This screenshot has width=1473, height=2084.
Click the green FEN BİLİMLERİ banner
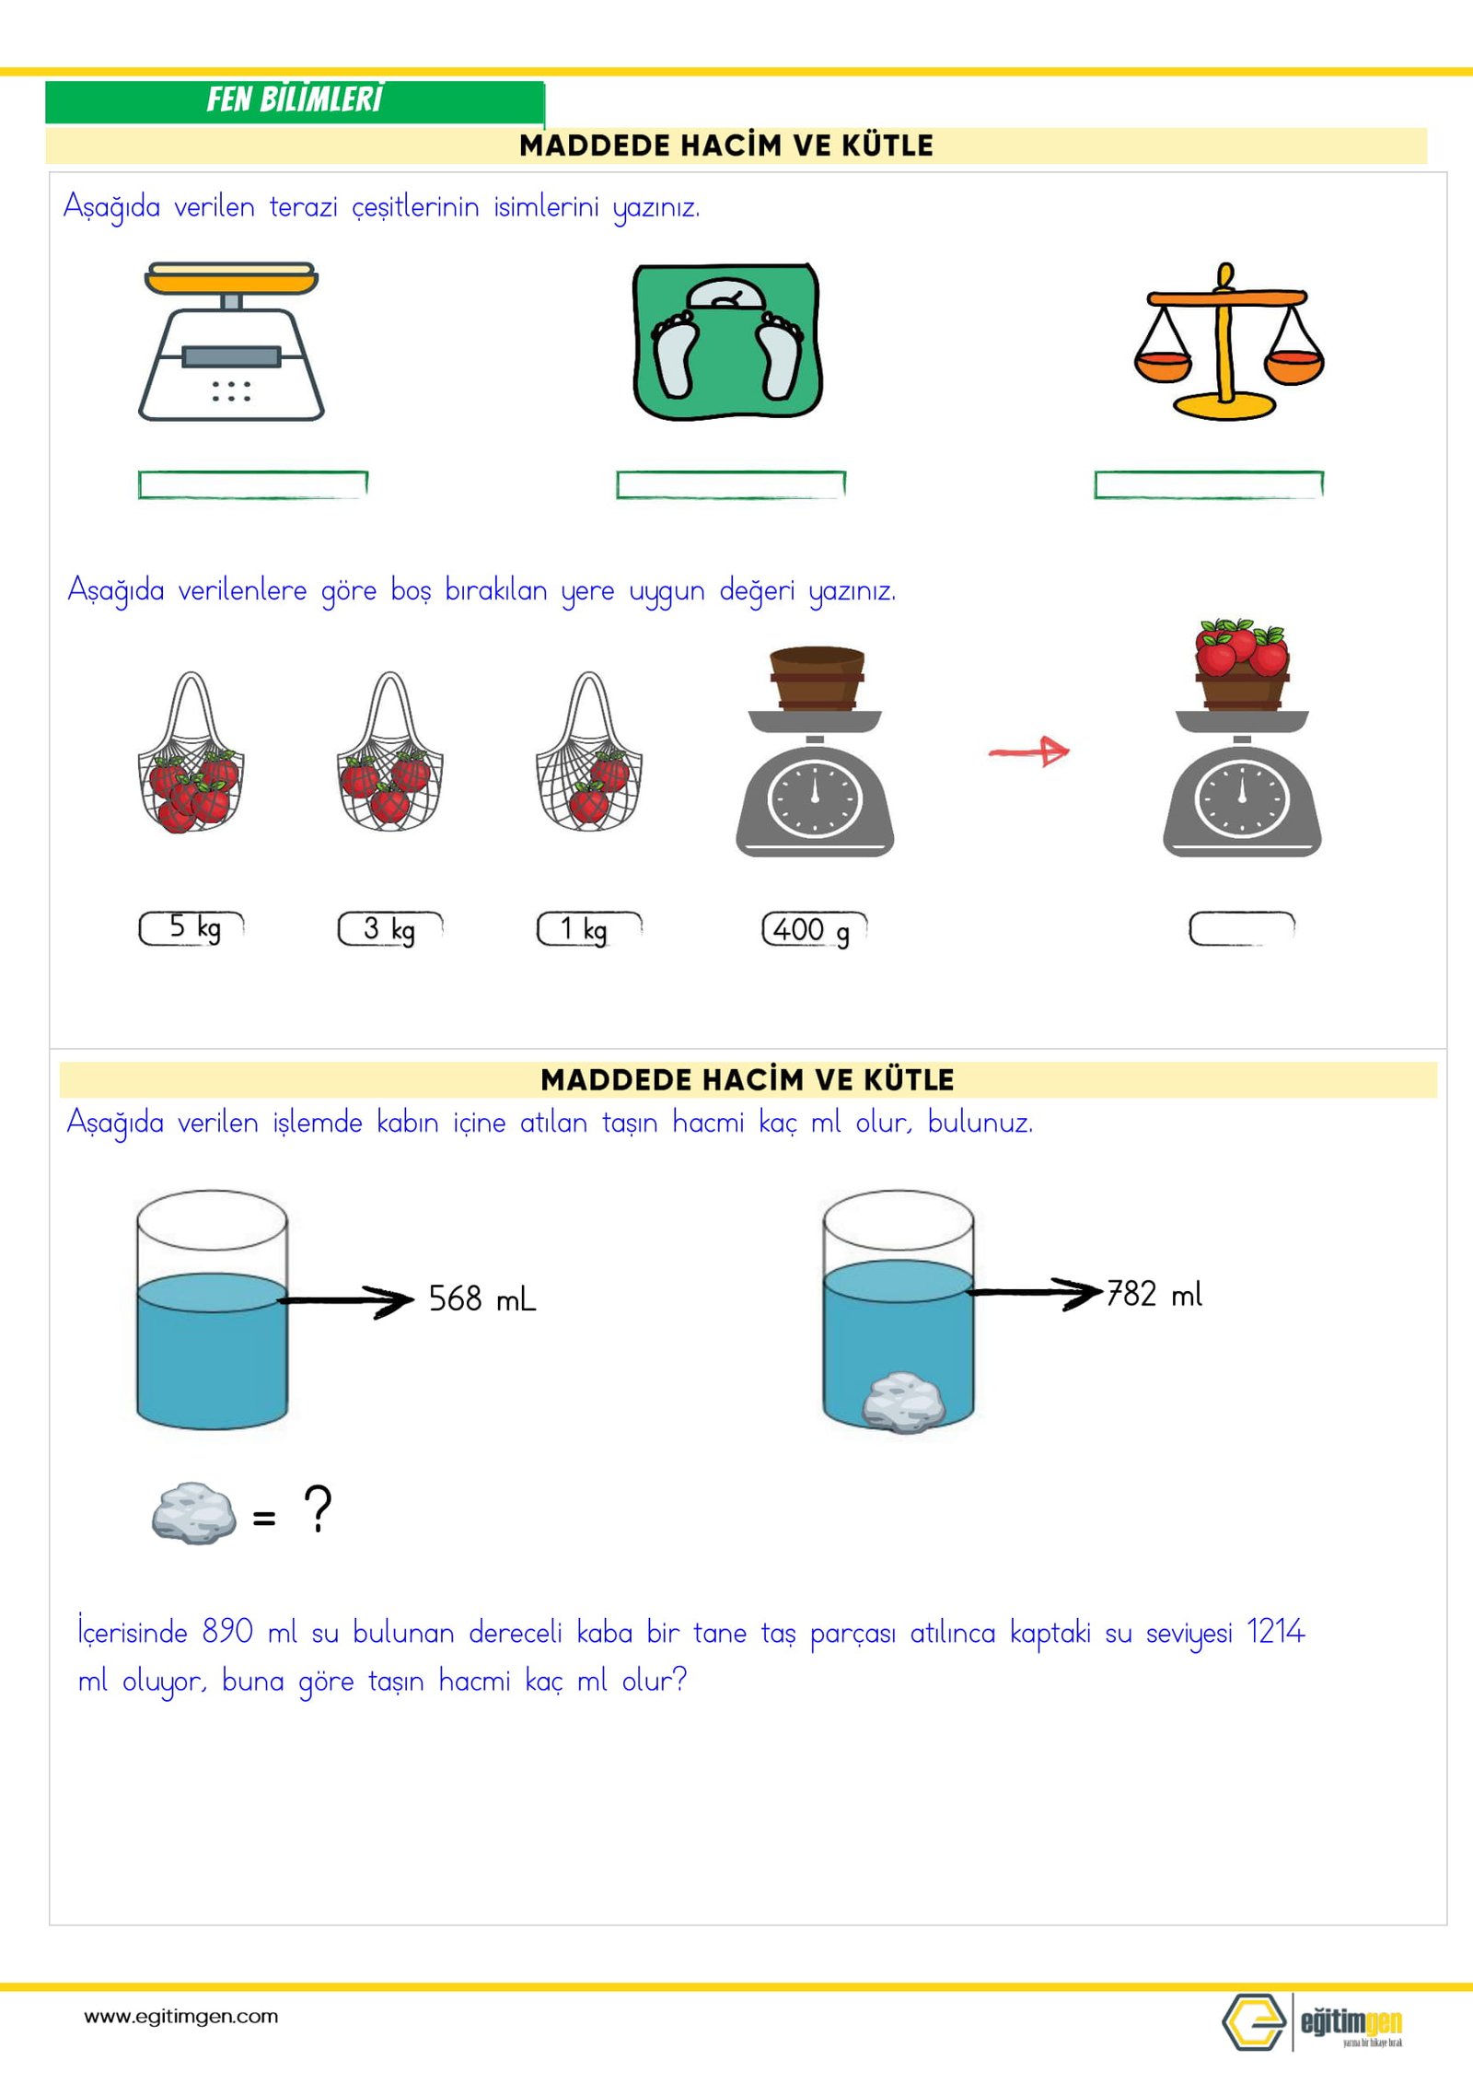295,100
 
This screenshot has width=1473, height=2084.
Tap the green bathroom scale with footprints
726,342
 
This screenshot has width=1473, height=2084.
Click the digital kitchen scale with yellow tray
231,342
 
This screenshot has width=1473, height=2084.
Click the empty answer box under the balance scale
1208,484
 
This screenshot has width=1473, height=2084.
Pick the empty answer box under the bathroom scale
730,484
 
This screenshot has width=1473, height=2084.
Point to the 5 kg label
192,927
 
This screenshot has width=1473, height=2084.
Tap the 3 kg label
390,928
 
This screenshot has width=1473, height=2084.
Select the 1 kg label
588,928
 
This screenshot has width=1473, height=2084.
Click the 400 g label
814,929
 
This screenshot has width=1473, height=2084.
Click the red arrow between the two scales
1029,751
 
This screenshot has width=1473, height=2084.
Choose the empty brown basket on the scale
817,678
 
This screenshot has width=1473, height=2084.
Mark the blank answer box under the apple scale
1241,928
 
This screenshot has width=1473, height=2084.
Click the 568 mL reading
481,1299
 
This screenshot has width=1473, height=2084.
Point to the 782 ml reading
1154,1294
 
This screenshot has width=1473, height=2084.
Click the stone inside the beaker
903,1402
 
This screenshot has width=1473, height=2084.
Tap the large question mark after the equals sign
318,1508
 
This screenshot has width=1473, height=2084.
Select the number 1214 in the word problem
1275,1632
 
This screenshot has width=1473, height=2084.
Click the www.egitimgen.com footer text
181,2016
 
